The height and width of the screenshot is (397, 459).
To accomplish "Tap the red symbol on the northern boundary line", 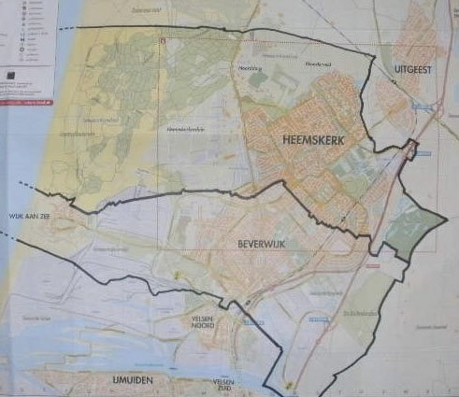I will coord(163,41).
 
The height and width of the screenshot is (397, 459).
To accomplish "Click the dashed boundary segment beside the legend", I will coord(65,27).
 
